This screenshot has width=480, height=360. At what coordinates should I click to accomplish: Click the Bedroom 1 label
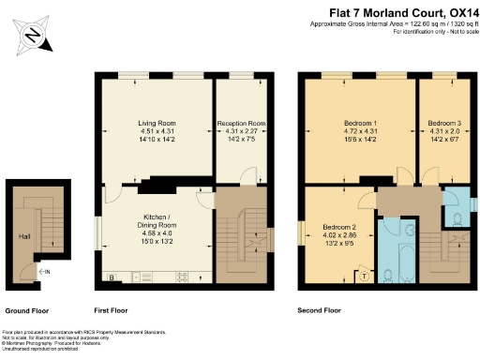pyautogui.click(x=357, y=123)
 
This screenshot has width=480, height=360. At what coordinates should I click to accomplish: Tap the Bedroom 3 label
pyautogui.click(x=444, y=123)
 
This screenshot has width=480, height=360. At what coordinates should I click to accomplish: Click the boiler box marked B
pyautogui.click(x=112, y=277)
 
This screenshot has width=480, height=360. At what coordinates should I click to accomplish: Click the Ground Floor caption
pyautogui.click(x=29, y=309)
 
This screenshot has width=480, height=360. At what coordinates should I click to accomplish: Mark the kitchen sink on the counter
pyautogui.click(x=147, y=277)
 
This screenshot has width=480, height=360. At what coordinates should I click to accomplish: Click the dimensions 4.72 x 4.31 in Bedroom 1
pyautogui.click(x=357, y=134)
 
